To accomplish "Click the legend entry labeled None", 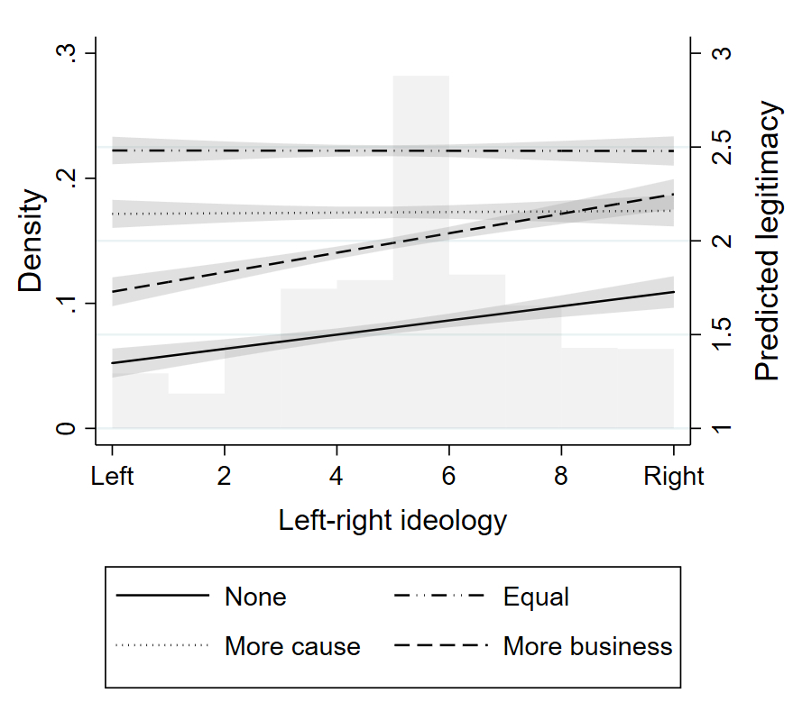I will coord(255,597).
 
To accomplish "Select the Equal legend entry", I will coord(536,597).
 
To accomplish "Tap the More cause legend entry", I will coord(292,646).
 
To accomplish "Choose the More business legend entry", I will coord(587,646).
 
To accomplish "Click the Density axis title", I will coord(32,241).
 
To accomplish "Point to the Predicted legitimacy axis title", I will coord(767,241).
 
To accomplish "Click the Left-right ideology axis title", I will coord(392,520).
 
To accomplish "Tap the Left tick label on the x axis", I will coord(113,476).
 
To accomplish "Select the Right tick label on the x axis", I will coord(673,476).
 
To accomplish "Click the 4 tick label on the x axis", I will coord(337,476).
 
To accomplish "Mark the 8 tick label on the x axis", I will coord(561,476).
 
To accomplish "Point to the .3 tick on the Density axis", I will coord(66,54).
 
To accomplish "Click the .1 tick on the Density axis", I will coord(66,304).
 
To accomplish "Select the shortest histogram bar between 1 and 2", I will coord(196,411).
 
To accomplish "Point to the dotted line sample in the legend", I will coord(162,646).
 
